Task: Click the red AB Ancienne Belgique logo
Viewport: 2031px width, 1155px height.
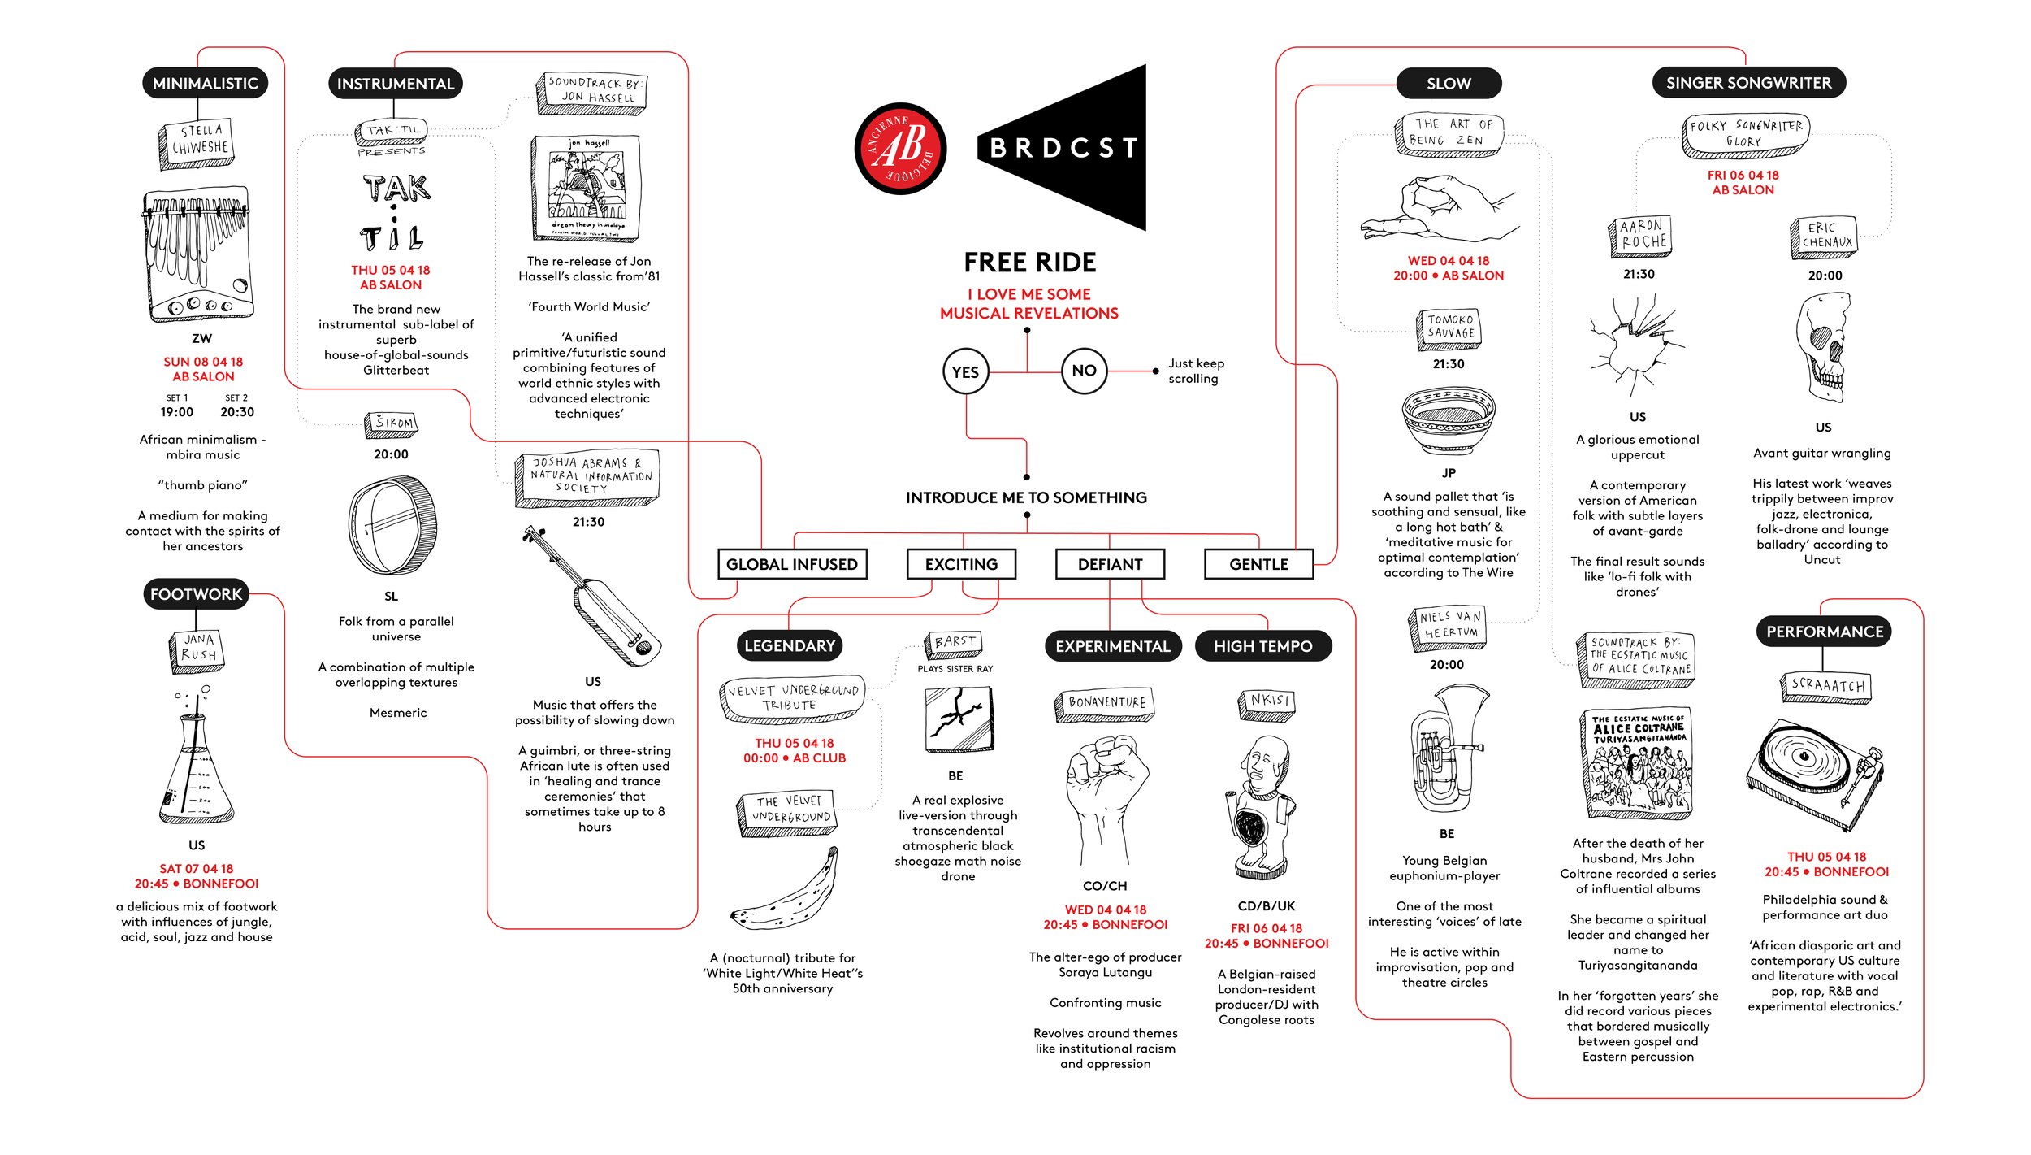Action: [900, 148]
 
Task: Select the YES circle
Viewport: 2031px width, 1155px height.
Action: [965, 371]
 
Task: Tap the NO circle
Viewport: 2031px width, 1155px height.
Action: [1084, 371]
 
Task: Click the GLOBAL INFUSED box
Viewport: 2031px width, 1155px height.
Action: [792, 564]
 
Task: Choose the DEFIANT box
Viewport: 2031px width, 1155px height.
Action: [1110, 564]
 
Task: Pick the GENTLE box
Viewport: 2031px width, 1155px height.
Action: [1258, 564]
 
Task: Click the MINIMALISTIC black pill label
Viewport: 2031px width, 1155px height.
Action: [205, 83]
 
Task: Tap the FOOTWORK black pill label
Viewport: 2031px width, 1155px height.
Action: [196, 594]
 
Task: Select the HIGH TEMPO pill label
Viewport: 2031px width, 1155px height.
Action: [1262, 646]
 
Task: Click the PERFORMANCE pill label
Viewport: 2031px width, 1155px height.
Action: [1824, 632]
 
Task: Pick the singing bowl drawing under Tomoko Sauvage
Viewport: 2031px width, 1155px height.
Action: [1448, 419]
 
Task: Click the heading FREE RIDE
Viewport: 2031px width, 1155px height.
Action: [1029, 263]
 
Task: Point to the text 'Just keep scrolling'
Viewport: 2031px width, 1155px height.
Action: [1195, 371]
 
